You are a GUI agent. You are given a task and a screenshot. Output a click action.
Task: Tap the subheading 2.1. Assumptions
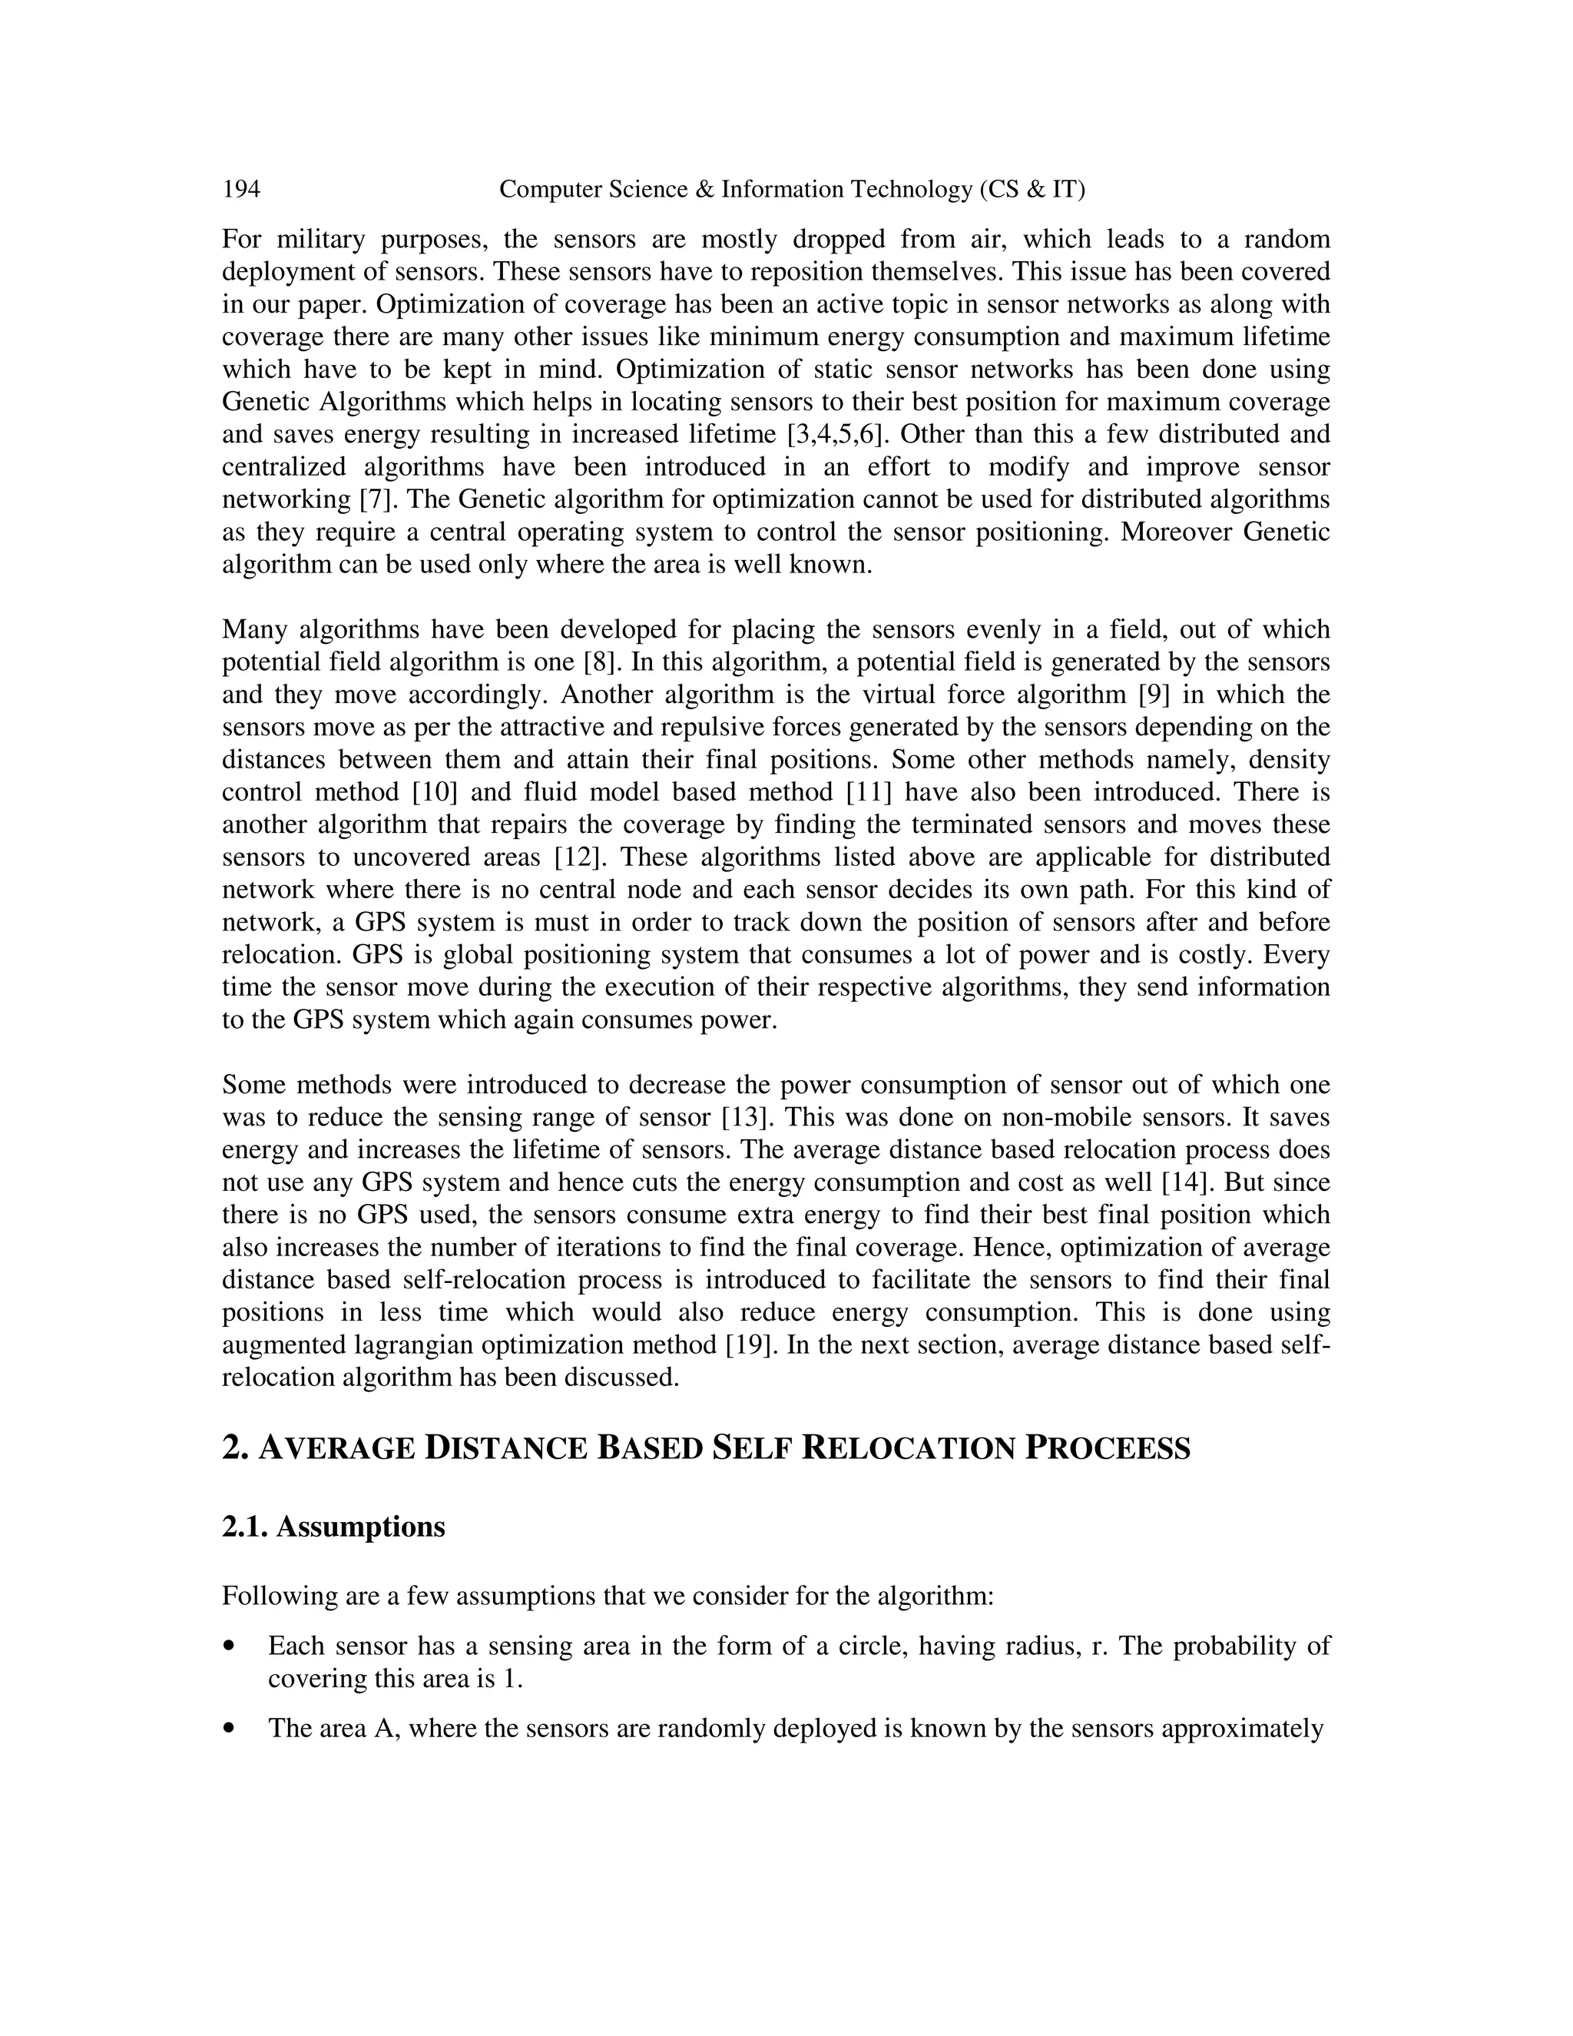pyautogui.click(x=333, y=1527)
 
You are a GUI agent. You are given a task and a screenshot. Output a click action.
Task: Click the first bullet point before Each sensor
pyautogui.click(x=229, y=1647)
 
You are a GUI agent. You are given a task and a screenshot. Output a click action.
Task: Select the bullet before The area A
pyautogui.click(x=229, y=1729)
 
